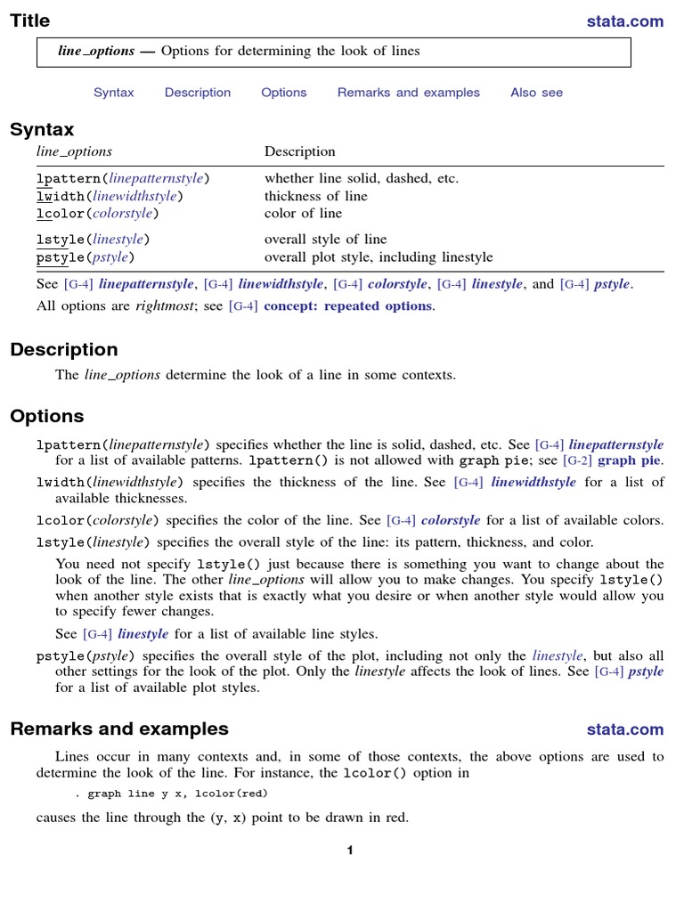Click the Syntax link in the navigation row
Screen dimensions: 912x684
pos(114,93)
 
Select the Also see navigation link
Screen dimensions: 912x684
pos(536,93)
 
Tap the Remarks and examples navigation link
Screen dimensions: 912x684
pos(408,93)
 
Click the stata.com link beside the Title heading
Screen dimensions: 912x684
pos(625,21)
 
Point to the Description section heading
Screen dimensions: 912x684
pos(64,349)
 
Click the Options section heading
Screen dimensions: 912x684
pos(47,416)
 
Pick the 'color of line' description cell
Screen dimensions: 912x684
pos(303,214)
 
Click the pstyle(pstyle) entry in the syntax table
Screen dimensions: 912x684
pos(85,257)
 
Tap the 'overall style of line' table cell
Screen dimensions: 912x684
pos(326,240)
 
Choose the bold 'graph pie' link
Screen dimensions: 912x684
pos(631,460)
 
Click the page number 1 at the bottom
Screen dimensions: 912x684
pos(350,851)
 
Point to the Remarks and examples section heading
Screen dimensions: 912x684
pos(119,729)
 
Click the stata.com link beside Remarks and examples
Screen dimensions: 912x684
pos(625,730)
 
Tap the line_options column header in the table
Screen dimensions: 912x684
pos(74,151)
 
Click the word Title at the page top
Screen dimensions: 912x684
pos(30,20)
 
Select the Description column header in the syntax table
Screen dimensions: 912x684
pos(300,151)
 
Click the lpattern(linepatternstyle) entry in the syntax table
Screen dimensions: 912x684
pos(123,178)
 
